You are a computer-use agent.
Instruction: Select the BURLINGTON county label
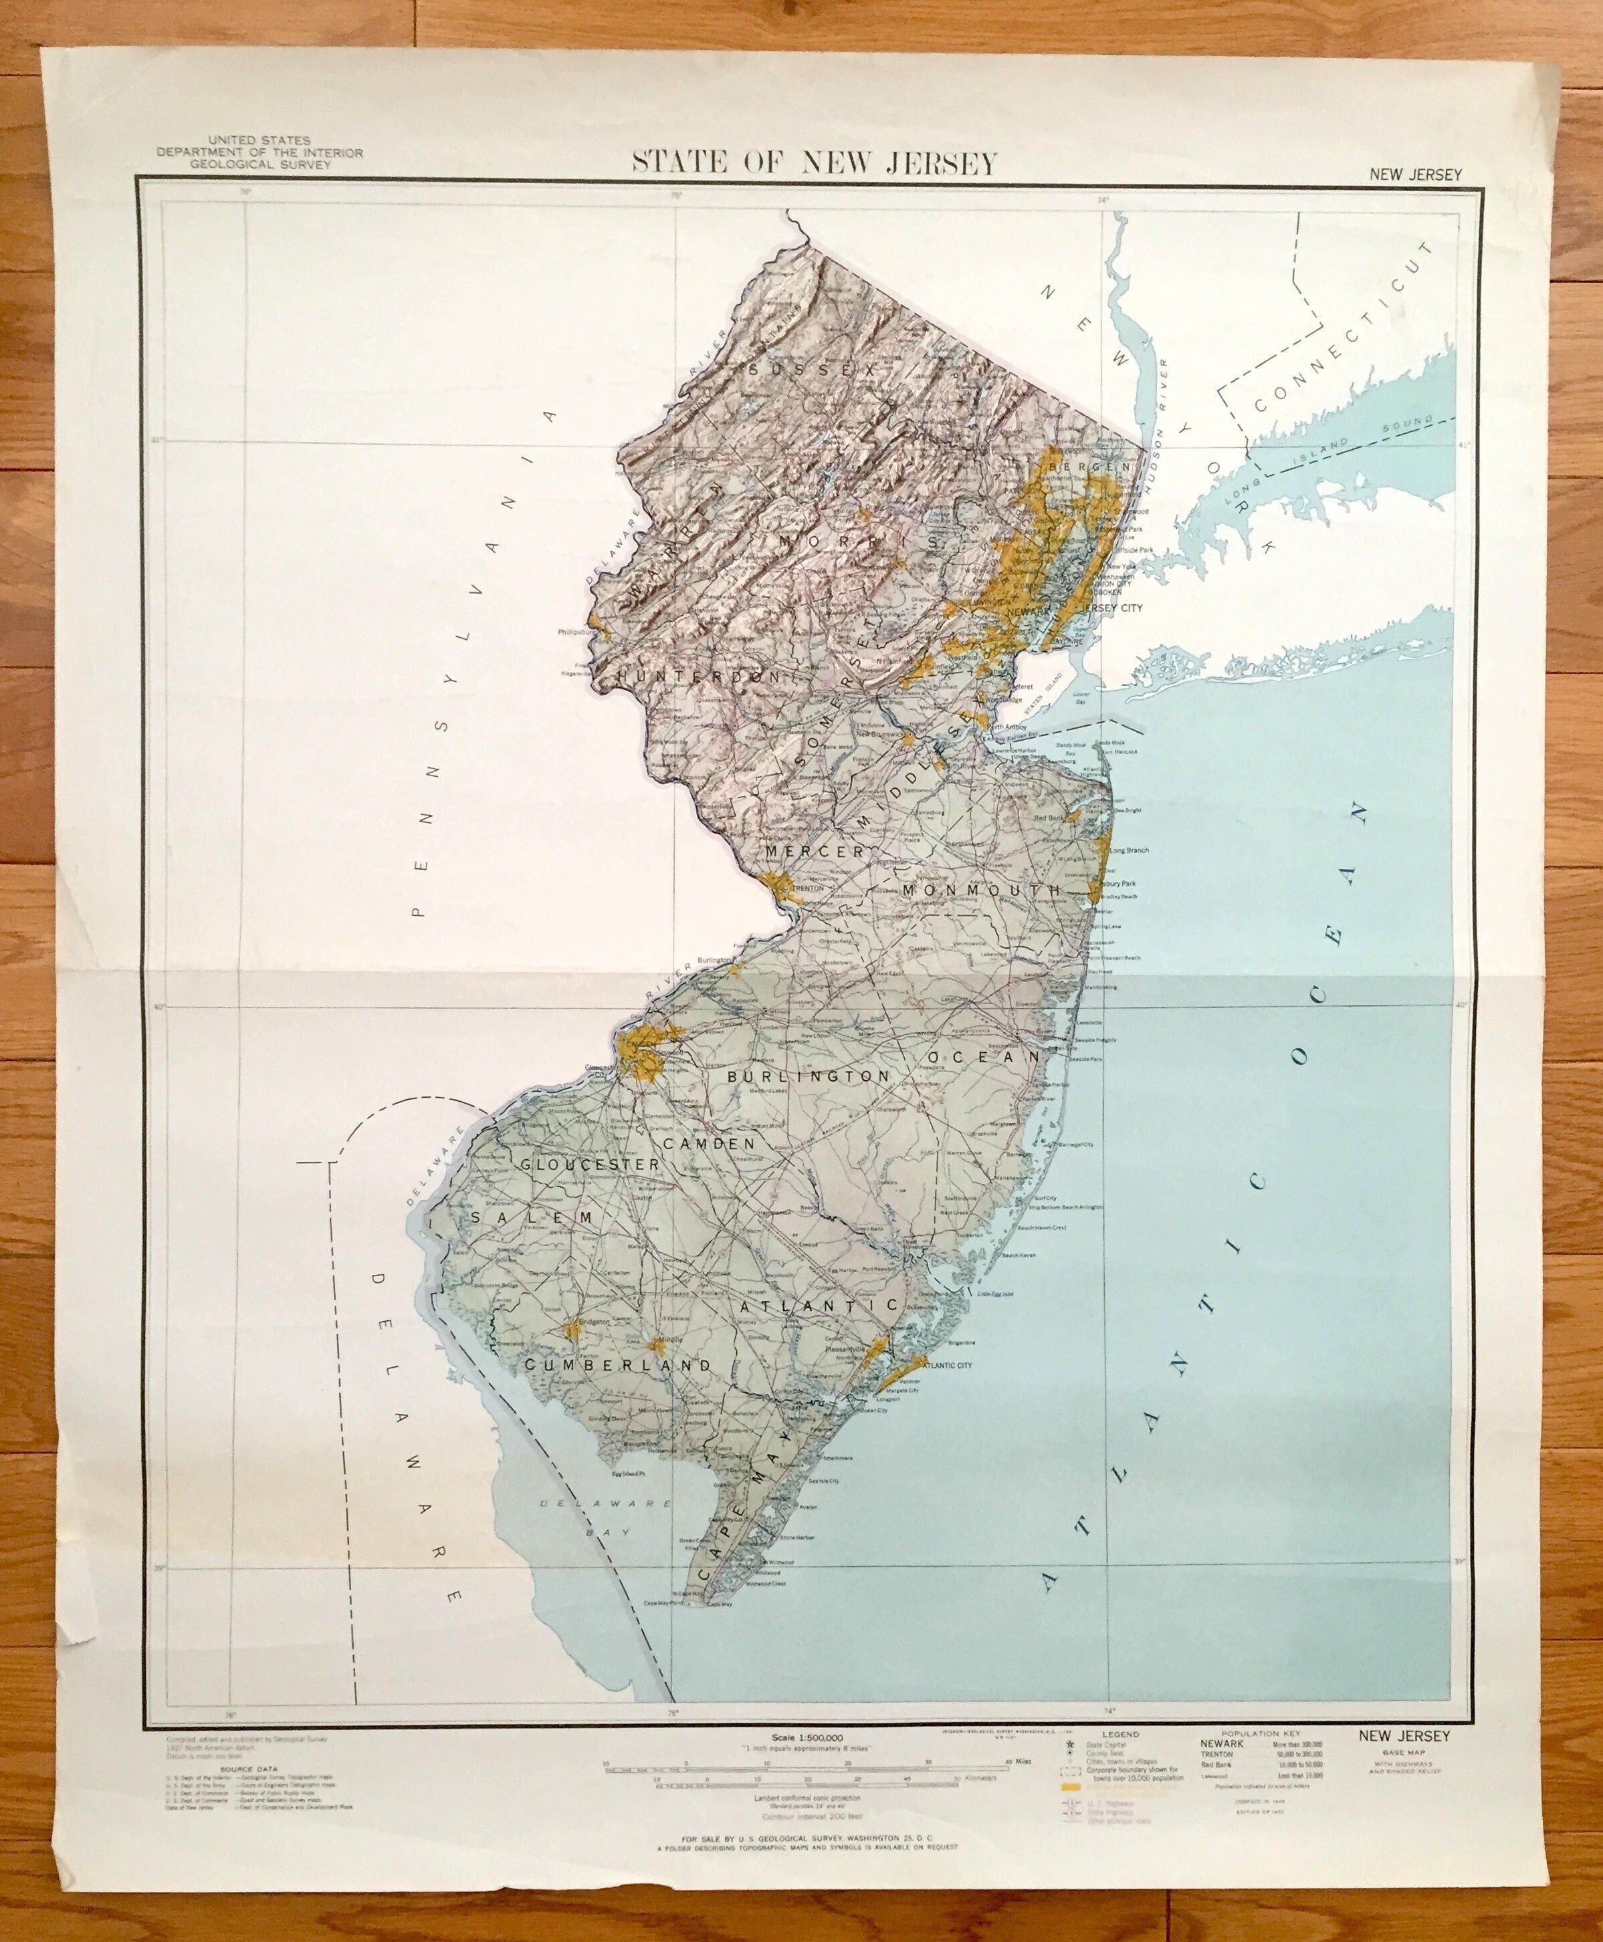pos(808,1076)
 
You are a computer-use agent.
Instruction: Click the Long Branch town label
pos(1128,850)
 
